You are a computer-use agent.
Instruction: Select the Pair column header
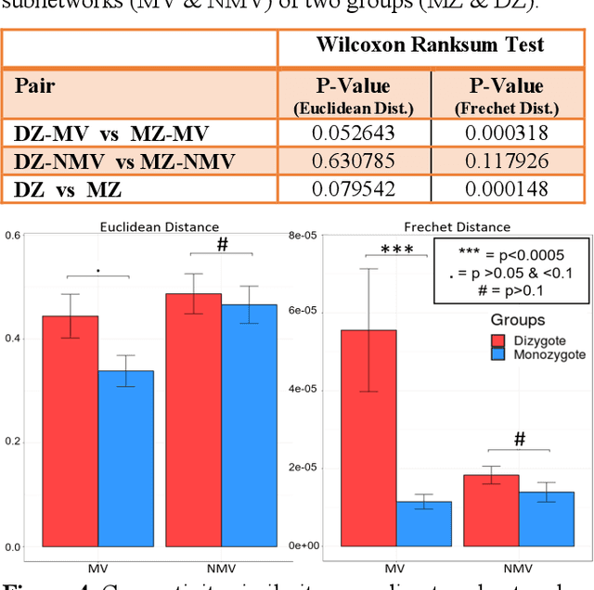tap(34, 86)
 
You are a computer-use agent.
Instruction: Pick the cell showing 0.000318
tap(507, 134)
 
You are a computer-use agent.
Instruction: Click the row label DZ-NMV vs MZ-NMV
tap(124, 162)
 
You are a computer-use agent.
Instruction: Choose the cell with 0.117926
tap(507, 162)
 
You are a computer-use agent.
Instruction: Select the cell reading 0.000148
tap(507, 190)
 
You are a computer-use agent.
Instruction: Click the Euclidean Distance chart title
tap(161, 226)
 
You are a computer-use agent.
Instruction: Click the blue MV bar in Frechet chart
tap(424, 523)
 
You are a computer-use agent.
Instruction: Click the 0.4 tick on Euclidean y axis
tap(11, 339)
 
